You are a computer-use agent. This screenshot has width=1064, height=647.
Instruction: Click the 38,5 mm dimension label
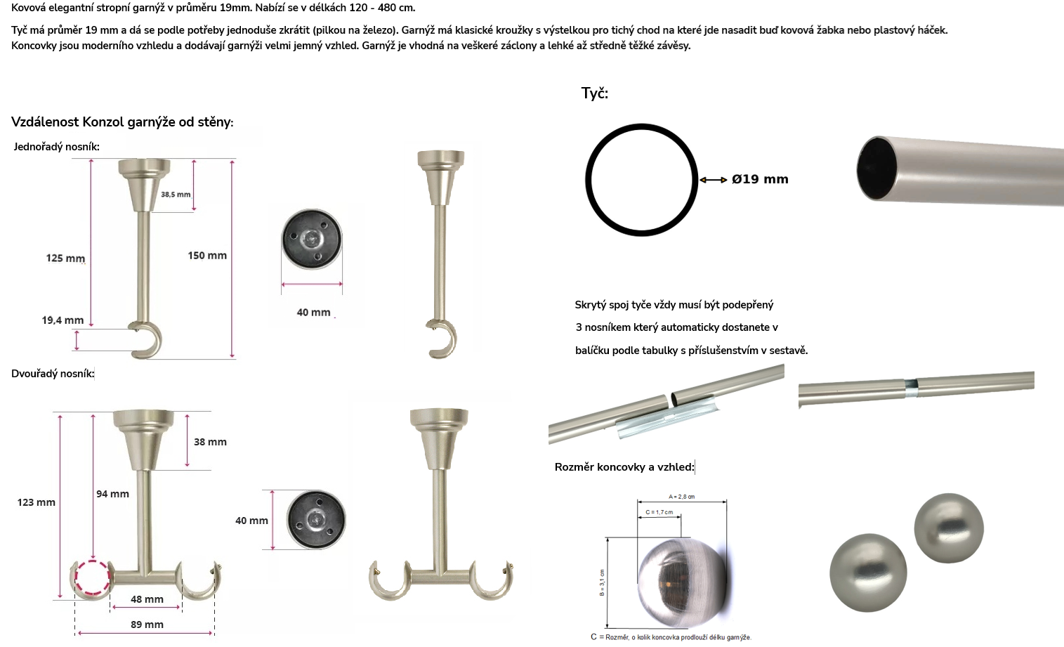click(176, 195)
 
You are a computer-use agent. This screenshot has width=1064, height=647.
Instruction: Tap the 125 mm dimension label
click(65, 258)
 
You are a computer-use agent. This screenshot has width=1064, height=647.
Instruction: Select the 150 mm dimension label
click(207, 256)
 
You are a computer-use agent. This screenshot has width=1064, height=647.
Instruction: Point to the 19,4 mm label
click(63, 320)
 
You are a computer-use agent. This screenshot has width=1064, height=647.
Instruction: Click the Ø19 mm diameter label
click(760, 179)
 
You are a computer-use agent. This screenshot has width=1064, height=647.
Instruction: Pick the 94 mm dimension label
click(112, 494)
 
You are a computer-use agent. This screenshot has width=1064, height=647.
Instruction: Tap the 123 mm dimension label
click(36, 502)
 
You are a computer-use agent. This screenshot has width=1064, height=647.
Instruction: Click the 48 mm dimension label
click(147, 599)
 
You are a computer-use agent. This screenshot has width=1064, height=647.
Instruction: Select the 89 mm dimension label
click(147, 625)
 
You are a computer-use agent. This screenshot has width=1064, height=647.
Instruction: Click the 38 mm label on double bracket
click(210, 442)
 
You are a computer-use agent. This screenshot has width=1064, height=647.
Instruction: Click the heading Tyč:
click(595, 93)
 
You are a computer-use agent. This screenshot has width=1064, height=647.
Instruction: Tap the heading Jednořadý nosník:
click(56, 147)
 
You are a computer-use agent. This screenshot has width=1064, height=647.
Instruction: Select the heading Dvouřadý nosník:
click(53, 374)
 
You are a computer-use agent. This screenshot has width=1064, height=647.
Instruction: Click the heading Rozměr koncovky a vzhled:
click(624, 467)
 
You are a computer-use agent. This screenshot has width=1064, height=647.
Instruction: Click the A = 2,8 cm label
click(682, 497)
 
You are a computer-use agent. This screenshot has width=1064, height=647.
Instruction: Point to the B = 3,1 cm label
click(602, 582)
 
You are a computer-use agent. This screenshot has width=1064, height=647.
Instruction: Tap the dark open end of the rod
click(877, 169)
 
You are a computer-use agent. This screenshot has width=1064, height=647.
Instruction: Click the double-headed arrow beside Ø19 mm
click(714, 180)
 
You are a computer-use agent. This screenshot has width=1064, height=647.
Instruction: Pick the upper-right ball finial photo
click(949, 528)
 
